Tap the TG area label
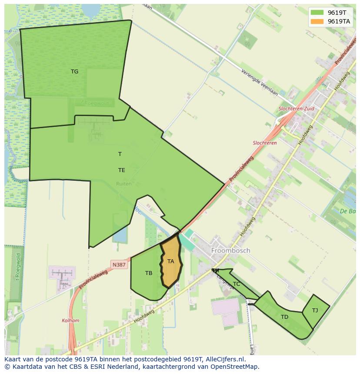coord(75,72)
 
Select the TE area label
coord(122,170)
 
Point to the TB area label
coord(149,273)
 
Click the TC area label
coord(237,284)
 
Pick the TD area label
coord(284,317)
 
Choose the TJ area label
coord(315,310)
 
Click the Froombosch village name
coord(230,251)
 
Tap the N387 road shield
coord(119,265)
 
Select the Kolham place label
coord(70,321)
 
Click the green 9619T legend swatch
coord(317,13)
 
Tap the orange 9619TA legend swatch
coord(317,21)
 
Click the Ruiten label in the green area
coord(124,184)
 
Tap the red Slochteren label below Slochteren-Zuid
coord(265,143)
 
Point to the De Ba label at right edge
coord(349,212)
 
